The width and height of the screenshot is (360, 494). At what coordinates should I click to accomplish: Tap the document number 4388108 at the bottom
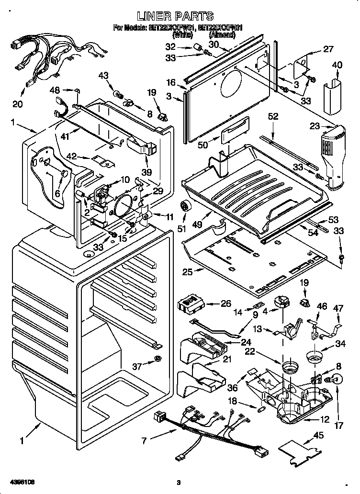(19, 481)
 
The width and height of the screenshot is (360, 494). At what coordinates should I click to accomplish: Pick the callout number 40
(337, 65)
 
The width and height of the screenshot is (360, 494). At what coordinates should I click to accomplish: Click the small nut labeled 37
(158, 359)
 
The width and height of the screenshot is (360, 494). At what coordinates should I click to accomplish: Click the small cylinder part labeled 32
(196, 47)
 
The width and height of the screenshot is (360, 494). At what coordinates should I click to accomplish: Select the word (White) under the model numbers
(182, 34)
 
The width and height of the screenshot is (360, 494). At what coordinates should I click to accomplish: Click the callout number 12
(324, 420)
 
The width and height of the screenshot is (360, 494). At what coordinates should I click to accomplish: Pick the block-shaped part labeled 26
(190, 303)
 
